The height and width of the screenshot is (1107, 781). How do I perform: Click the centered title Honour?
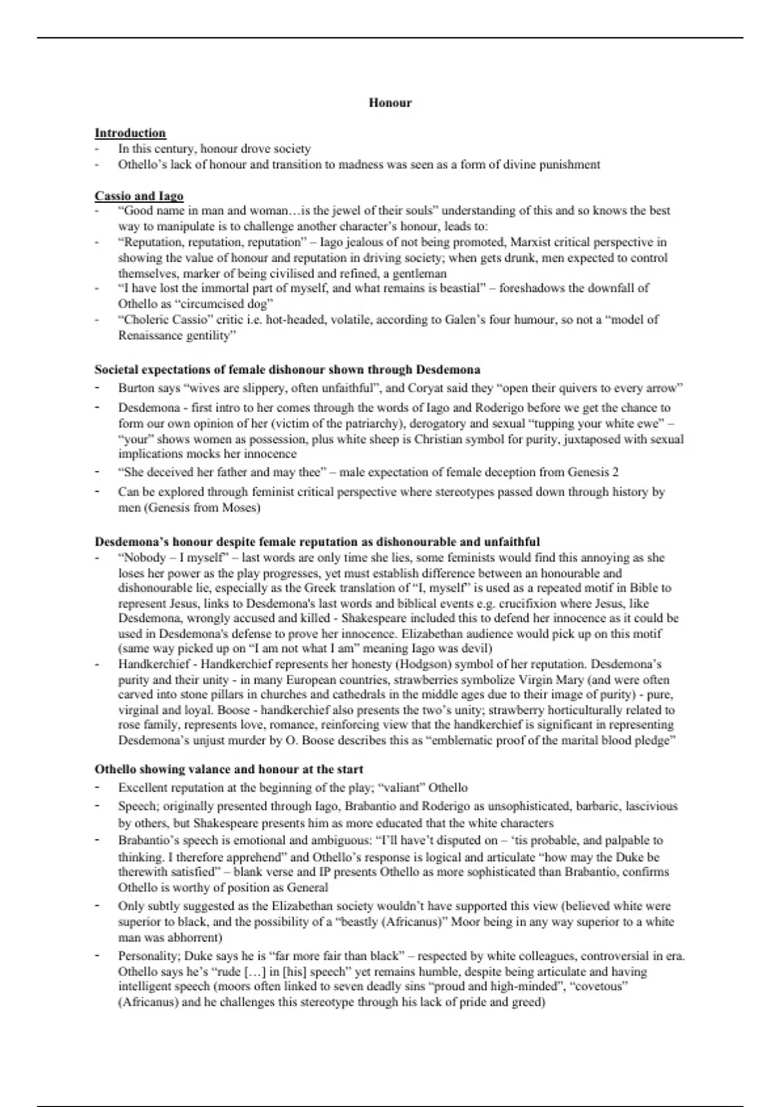(390, 102)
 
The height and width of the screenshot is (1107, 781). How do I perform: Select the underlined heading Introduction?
(130, 133)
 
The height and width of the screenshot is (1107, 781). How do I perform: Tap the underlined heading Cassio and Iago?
(139, 196)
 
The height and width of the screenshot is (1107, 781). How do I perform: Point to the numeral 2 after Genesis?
(615, 472)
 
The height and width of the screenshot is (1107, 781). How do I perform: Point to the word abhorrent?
(195, 938)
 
